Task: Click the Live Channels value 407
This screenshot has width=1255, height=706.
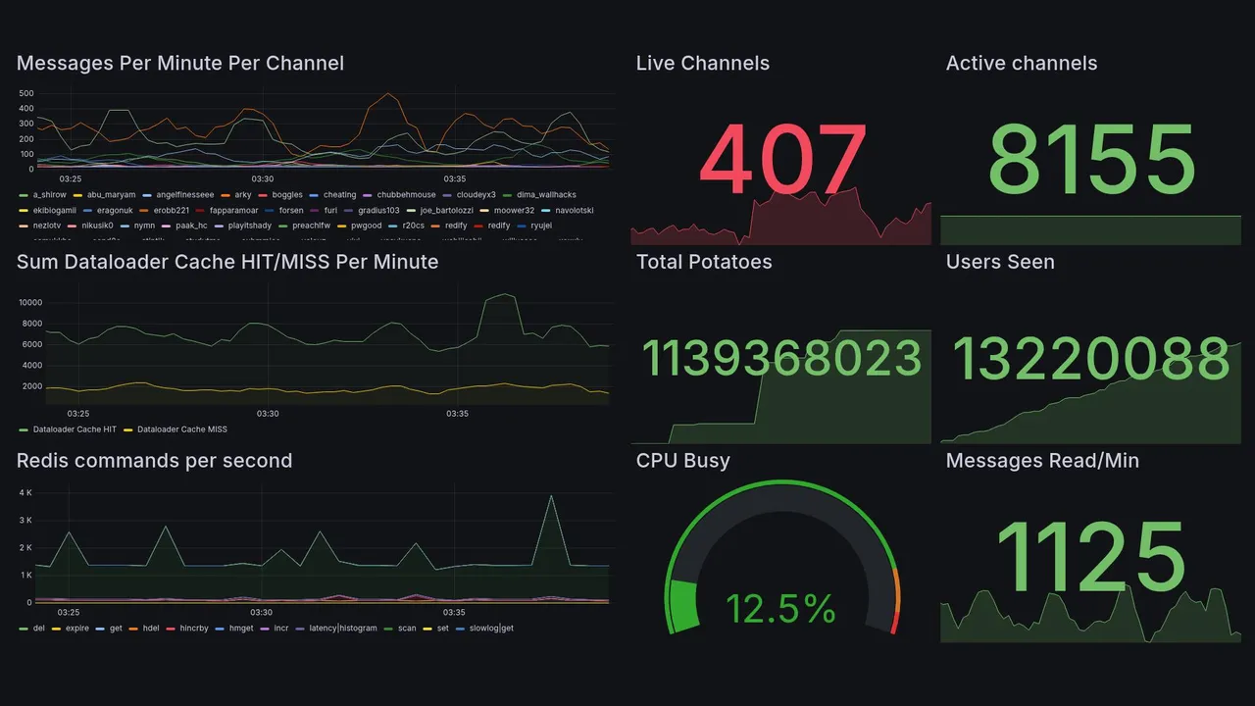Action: (783, 160)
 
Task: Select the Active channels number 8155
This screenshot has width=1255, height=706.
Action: (1091, 160)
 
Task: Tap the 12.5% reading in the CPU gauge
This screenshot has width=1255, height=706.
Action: (781, 609)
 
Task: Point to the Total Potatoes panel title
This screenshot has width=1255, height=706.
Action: (704, 262)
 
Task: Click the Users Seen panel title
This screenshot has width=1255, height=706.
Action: (1000, 262)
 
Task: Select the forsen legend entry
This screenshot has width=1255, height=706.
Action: (290, 210)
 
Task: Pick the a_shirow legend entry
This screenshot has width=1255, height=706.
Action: (49, 195)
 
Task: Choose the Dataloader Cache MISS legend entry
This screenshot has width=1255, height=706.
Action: (181, 429)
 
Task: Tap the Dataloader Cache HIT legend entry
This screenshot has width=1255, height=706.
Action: (74, 429)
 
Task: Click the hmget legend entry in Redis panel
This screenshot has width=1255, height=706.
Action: (240, 628)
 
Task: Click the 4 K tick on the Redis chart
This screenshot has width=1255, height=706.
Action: (25, 492)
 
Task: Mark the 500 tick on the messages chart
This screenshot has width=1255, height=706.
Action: (26, 94)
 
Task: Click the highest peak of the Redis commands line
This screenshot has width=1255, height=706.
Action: (552, 496)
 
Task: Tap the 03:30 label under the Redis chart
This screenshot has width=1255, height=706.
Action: (262, 612)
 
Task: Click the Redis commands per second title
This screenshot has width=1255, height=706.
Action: (154, 461)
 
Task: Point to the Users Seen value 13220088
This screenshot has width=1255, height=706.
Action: (1091, 359)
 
